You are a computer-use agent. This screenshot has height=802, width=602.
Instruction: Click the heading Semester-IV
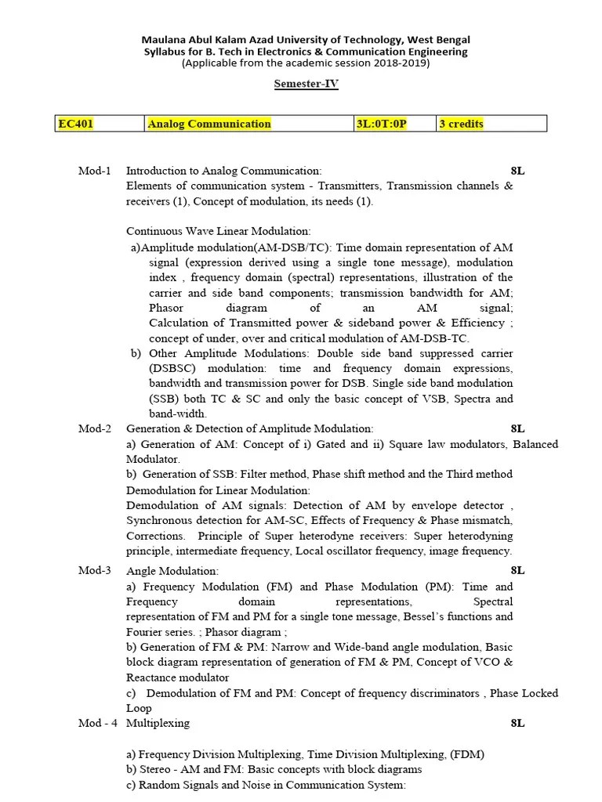point(306,85)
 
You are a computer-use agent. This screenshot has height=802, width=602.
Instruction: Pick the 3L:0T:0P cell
point(382,124)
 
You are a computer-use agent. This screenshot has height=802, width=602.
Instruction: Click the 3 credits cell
point(461,124)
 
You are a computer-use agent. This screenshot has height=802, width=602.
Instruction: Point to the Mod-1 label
point(95,171)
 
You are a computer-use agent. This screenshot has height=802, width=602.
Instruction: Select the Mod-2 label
point(95,429)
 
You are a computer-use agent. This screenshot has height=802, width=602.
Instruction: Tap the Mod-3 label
point(95,571)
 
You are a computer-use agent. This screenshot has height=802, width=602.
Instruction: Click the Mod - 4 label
point(97,724)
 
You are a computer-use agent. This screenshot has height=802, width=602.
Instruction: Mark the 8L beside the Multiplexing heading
point(517,724)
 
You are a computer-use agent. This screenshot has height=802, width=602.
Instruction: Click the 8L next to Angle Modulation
point(517,571)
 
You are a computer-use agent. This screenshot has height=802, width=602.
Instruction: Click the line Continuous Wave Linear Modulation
point(219,231)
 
